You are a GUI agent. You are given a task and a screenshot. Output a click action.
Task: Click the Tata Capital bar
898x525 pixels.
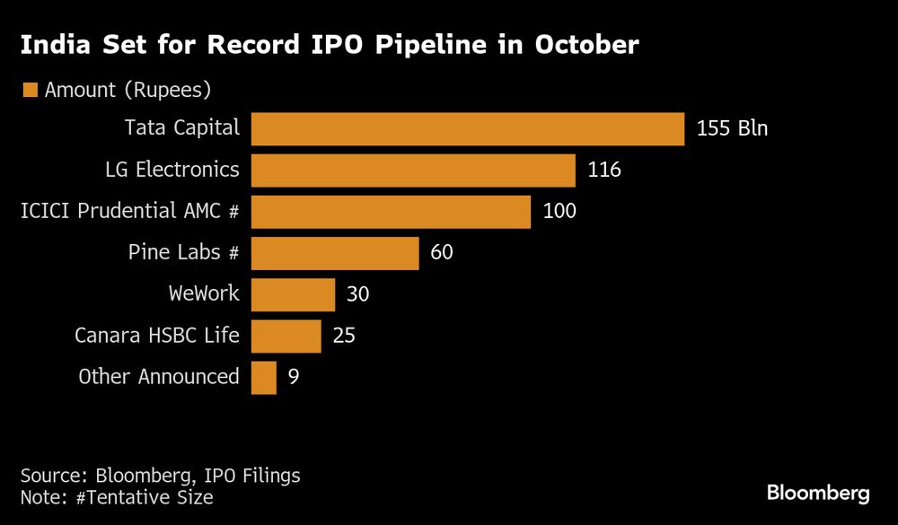467,128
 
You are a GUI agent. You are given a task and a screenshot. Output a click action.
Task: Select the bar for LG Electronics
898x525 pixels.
413,170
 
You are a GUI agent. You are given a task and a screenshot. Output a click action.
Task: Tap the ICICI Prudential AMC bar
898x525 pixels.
391,211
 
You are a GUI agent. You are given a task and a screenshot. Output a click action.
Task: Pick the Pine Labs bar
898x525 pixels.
335,252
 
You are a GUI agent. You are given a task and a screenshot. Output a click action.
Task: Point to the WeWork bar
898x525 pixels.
293,293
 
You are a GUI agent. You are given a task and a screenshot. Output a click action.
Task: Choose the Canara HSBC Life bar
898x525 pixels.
286,336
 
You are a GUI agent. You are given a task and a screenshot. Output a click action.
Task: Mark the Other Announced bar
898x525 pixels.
263,377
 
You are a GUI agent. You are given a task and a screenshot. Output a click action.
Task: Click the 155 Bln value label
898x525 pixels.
732,128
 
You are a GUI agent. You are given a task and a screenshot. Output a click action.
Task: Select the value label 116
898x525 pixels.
604,170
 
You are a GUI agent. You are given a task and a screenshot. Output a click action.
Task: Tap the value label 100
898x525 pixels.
559,211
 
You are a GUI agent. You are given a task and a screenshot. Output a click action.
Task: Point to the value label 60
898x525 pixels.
442,252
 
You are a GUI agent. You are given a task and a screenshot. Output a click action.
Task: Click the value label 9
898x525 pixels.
293,377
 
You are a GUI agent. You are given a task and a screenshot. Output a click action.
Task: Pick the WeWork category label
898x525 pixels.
204,293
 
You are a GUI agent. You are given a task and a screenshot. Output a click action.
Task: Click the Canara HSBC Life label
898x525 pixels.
157,336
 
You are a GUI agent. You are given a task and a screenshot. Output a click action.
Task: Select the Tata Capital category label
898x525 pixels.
182,128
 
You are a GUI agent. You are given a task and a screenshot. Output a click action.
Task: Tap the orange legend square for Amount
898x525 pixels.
31,90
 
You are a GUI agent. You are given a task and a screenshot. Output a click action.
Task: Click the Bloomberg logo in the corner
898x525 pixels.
818,493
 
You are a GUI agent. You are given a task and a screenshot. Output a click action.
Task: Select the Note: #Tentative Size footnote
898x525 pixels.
117,496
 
